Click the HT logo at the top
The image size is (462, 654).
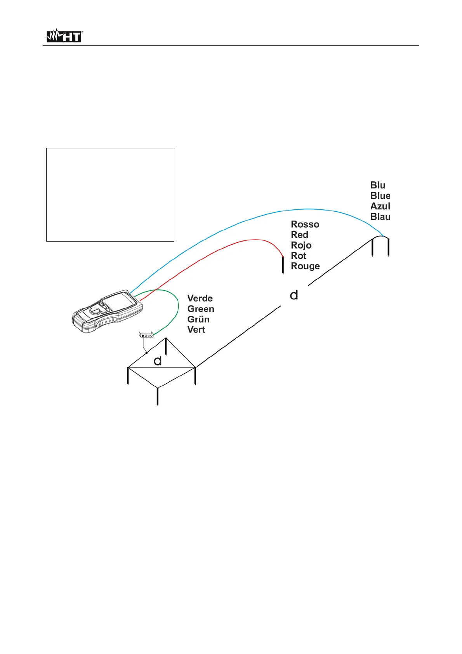[x=64, y=36]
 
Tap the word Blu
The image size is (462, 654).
[x=377, y=185]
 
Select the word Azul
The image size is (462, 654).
[x=380, y=206]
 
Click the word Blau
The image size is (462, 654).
[x=380, y=217]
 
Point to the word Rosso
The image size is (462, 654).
[x=305, y=224]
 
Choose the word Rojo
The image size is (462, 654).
[x=301, y=245]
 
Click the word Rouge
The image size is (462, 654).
[x=305, y=266]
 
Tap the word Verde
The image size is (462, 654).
[x=200, y=298]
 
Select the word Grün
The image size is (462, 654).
[x=198, y=319]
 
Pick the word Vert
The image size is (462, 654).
[x=196, y=330]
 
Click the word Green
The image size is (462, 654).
[x=200, y=309]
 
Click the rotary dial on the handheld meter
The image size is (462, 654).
[x=95, y=311]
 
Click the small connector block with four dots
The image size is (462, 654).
[x=146, y=335]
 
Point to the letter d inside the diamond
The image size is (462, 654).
[x=157, y=361]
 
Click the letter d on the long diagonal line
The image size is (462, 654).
[x=294, y=295]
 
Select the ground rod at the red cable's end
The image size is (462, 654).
[x=283, y=265]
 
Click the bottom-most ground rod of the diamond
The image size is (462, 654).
[x=157, y=396]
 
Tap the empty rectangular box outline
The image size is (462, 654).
[x=110, y=195]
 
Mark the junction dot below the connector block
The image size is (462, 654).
[x=146, y=353]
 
